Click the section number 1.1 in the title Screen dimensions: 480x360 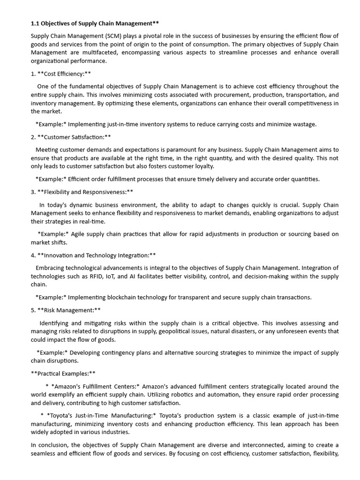(36, 23)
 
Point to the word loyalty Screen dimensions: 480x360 (202, 166)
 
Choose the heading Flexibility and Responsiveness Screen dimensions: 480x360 (85, 192)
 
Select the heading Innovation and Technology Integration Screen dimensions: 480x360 (96, 255)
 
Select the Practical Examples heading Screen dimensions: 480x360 (63, 373)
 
